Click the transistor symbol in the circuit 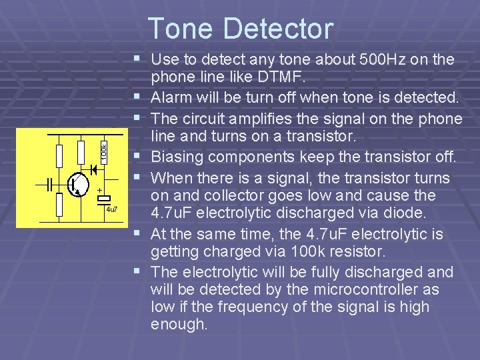[x=77, y=185]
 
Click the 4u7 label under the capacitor [x=111, y=210]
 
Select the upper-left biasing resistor [x=59, y=155]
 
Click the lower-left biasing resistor [x=59, y=204]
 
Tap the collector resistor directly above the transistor [x=81, y=153]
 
